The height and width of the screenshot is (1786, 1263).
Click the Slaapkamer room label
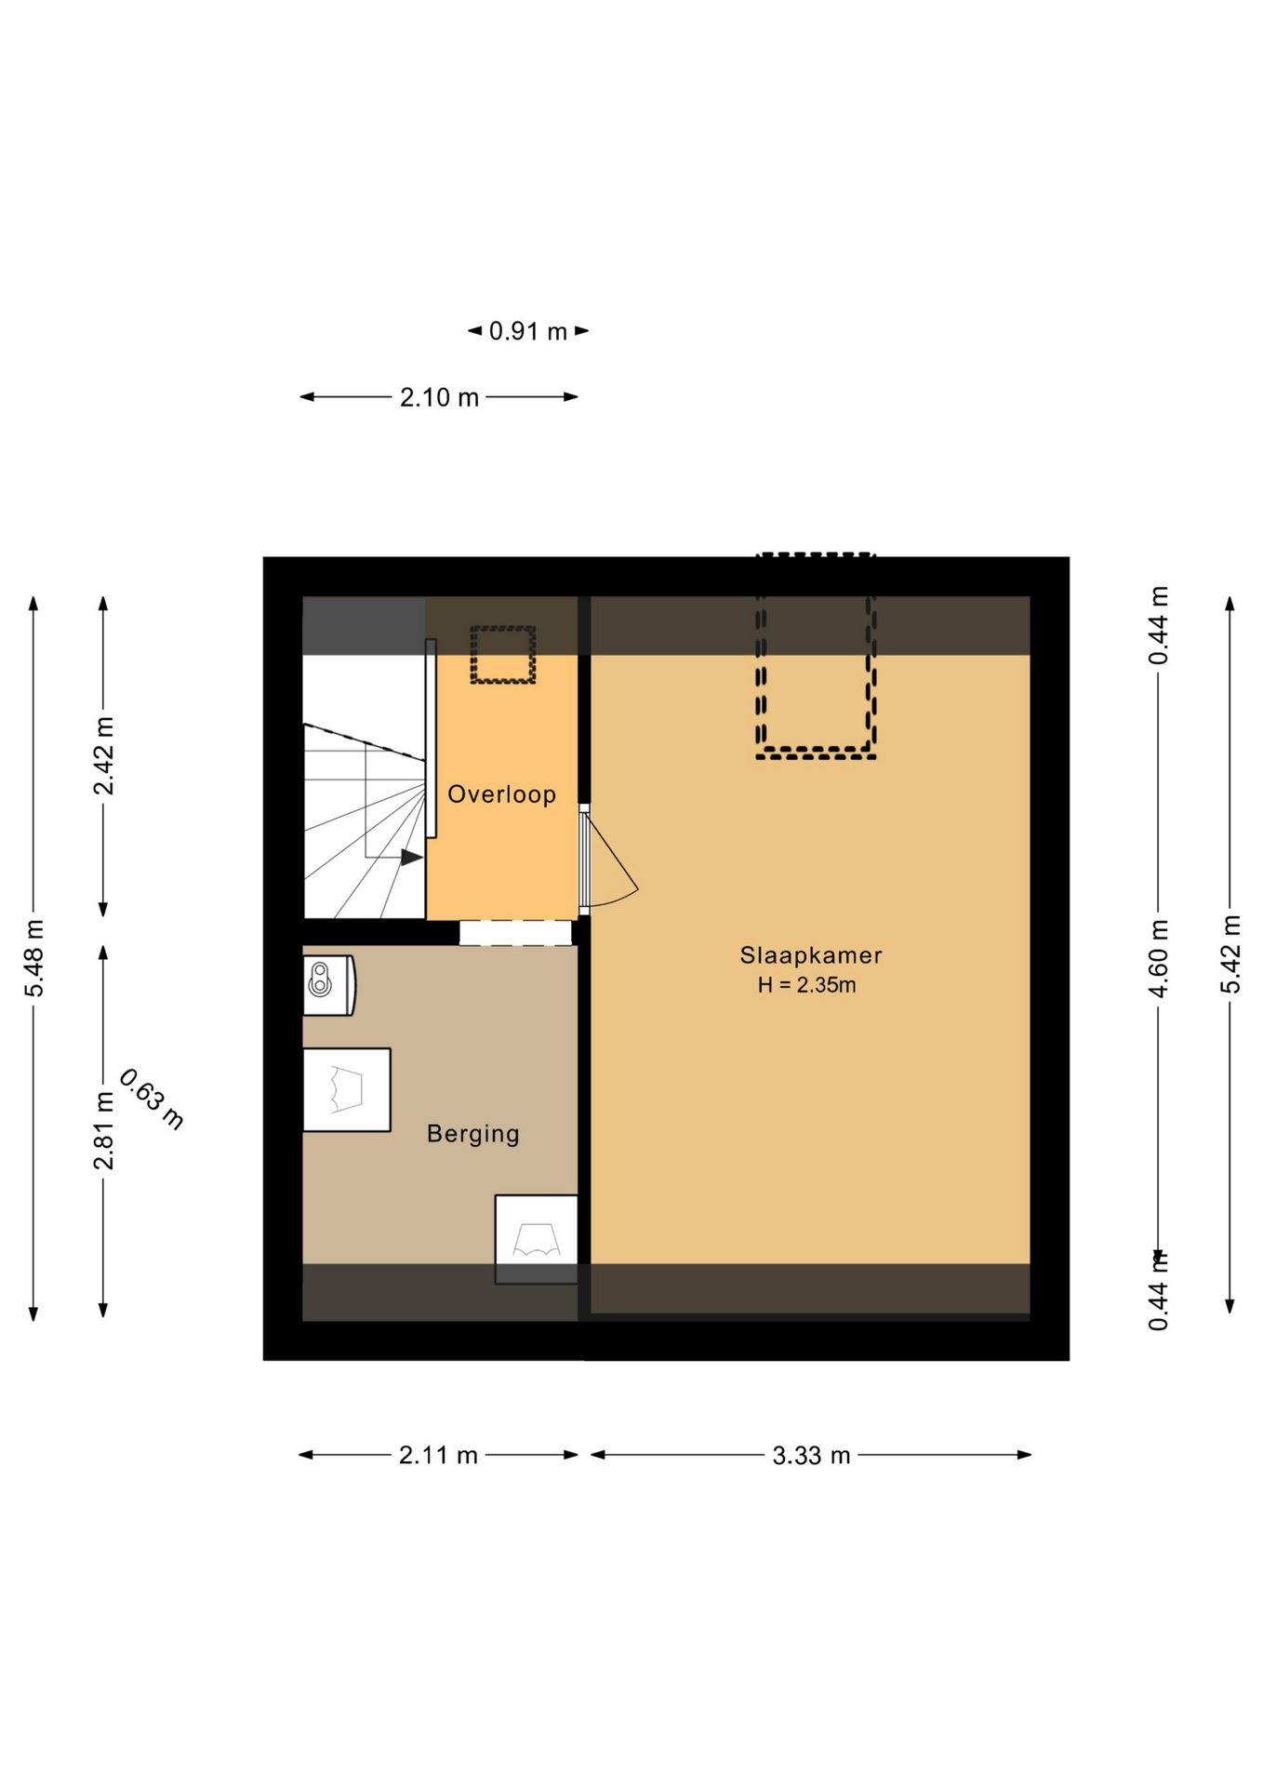click(810, 954)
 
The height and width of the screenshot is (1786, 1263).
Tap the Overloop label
click(501, 793)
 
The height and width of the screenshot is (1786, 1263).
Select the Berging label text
click(472, 1133)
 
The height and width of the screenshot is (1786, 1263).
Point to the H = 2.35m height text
click(806, 985)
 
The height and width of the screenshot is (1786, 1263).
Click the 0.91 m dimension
click(527, 331)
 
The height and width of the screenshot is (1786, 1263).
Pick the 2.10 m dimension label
click(439, 397)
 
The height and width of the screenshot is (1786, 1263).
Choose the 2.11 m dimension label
click(438, 1455)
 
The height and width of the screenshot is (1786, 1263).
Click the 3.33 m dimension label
click(811, 1456)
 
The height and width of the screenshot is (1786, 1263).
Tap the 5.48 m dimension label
click(34, 958)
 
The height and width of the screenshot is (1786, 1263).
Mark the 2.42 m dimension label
click(103, 756)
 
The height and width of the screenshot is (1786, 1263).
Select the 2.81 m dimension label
click(103, 1131)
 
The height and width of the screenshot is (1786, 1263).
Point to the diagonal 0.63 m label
click(152, 1099)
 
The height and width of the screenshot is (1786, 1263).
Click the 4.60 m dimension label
click(1158, 958)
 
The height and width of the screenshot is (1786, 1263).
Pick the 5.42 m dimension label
click(1230, 954)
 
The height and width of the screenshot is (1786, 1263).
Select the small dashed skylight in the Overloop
click(502, 655)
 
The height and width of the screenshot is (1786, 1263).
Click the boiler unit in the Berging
click(328, 985)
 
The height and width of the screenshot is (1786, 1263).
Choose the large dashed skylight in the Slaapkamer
click(816, 656)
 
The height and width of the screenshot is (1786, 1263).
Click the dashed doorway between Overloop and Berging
click(515, 933)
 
